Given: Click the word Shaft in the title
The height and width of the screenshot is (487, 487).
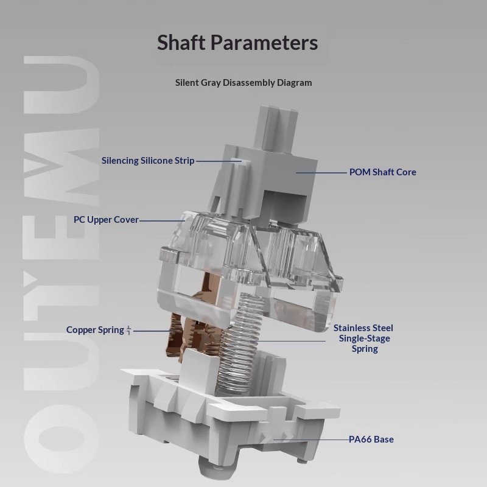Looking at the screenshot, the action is click(x=181, y=42).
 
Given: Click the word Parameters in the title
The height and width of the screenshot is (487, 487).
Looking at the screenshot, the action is click(x=264, y=43).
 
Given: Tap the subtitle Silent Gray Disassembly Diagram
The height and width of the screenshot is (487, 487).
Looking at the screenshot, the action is click(x=243, y=83).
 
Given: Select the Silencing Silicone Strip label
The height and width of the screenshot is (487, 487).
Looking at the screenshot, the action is click(x=148, y=161).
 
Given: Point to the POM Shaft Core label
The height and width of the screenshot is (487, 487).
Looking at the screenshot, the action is click(x=383, y=172).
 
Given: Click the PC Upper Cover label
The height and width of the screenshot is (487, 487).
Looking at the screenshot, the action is click(x=106, y=220).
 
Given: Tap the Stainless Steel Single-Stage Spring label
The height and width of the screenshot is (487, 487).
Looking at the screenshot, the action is click(x=363, y=338).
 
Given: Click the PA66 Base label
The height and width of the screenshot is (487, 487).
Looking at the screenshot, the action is click(x=371, y=439).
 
